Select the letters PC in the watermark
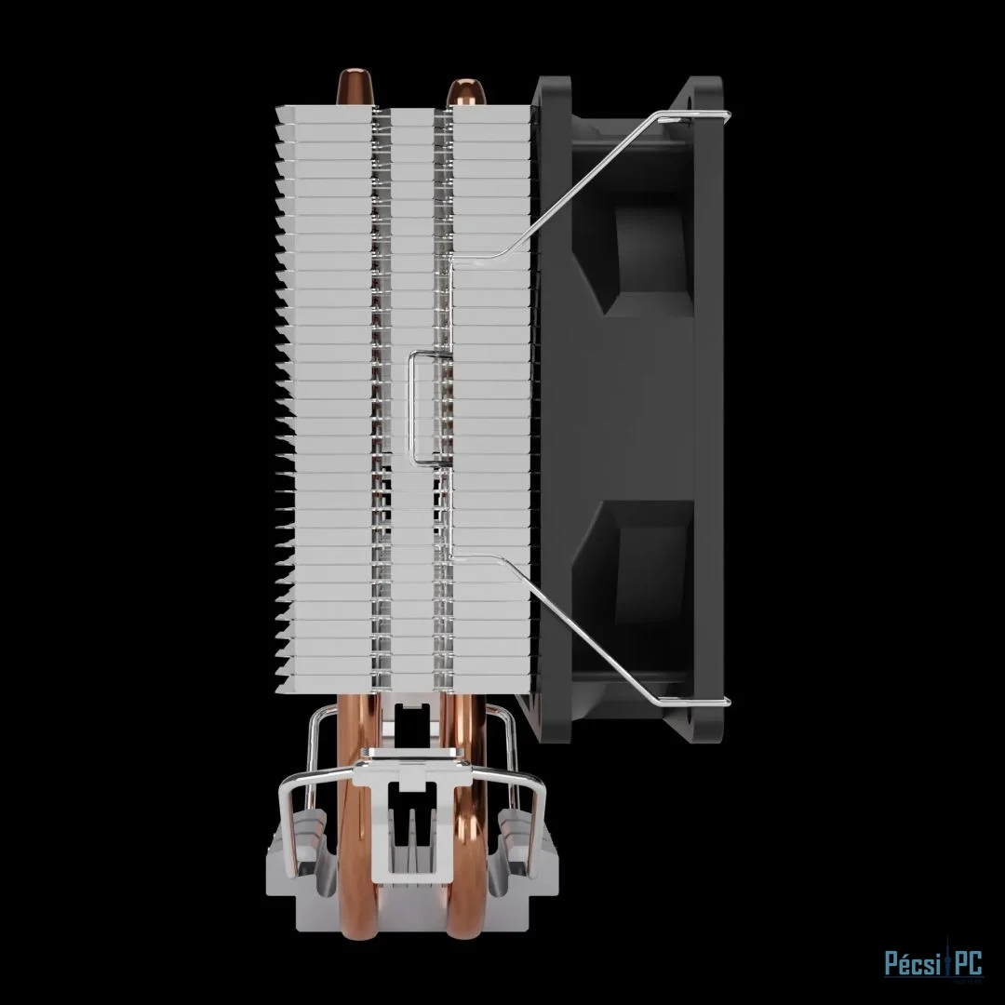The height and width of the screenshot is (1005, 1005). pos(969,963)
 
